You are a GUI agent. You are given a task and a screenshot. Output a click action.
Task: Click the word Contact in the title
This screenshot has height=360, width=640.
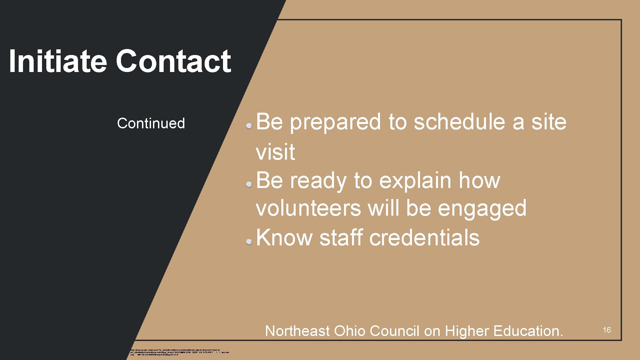(173, 61)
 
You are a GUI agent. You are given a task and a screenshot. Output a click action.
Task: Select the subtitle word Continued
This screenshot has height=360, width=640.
(151, 123)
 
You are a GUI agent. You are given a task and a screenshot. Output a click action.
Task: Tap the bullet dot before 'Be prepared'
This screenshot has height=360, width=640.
(249, 126)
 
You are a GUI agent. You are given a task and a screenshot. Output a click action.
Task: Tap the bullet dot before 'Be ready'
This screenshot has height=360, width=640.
(249, 184)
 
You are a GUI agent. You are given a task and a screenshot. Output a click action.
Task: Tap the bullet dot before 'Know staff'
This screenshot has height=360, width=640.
(249, 242)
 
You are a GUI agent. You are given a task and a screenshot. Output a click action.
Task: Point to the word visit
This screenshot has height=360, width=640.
(275, 152)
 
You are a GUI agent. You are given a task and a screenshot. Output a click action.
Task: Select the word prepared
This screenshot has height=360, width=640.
(335, 122)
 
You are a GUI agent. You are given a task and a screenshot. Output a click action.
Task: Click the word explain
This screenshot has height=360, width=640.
(415, 181)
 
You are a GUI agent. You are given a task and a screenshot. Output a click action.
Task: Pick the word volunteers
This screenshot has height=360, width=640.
(308, 208)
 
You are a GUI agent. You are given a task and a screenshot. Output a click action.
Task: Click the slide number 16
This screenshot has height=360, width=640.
(607, 330)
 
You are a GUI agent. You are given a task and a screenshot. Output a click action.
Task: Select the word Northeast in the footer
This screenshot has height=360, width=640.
(297, 331)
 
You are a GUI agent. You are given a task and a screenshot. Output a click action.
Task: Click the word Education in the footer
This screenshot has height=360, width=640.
(528, 331)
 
